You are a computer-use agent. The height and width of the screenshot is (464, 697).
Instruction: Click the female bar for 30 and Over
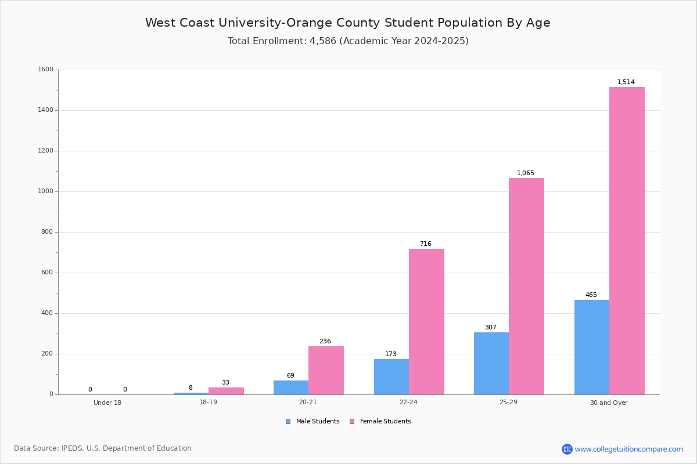tap(627, 241)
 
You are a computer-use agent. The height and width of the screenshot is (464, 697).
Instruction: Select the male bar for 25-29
tap(491, 363)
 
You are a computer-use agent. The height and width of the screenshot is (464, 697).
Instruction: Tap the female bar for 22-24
tap(426, 321)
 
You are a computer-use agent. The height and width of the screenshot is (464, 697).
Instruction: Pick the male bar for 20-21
tap(291, 387)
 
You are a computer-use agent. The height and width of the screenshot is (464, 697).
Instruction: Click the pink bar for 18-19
tap(226, 391)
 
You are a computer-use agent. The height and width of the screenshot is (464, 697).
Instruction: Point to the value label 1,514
tap(626, 82)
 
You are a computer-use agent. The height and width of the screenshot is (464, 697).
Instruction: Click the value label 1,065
tap(525, 173)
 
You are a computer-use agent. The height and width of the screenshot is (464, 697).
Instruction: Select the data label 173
tap(391, 354)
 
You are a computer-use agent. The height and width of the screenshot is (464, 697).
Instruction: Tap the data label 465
tap(591, 295)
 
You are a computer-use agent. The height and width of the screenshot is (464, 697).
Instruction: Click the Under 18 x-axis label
tap(107, 403)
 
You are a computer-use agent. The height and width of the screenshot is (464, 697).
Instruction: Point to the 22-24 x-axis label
tap(408, 403)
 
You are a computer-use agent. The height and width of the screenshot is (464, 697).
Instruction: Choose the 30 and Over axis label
tap(609, 403)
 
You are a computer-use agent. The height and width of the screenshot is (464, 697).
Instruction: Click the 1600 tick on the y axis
tap(45, 70)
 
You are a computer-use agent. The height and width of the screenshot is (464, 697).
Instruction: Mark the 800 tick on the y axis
tap(47, 232)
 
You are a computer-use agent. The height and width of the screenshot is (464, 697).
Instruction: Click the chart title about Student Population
tap(348, 23)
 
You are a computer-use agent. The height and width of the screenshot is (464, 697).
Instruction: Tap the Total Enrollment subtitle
tap(348, 41)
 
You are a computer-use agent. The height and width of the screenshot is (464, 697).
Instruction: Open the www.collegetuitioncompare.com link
tap(628, 449)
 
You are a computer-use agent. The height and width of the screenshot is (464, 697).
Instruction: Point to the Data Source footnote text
tap(103, 448)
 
